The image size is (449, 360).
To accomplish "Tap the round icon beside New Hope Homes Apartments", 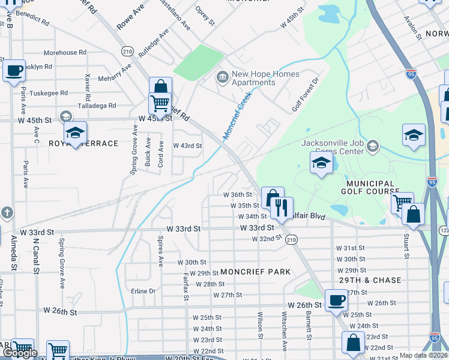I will (x=221, y=77).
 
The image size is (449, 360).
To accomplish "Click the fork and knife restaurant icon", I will (x=281, y=208).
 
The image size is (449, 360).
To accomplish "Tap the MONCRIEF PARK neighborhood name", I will (x=255, y=272).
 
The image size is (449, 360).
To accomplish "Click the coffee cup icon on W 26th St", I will (x=336, y=299).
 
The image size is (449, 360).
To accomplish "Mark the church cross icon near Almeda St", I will (x=7, y=212).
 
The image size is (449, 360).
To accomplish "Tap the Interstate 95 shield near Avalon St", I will (x=411, y=74).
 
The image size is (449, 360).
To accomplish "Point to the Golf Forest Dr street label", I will (x=304, y=97).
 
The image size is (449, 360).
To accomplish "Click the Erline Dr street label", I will (x=143, y=291).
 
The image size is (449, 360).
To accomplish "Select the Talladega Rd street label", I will (x=96, y=106).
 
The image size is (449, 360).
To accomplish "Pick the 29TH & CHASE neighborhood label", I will (x=378, y=280).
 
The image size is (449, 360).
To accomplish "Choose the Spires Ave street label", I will (x=160, y=250).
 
